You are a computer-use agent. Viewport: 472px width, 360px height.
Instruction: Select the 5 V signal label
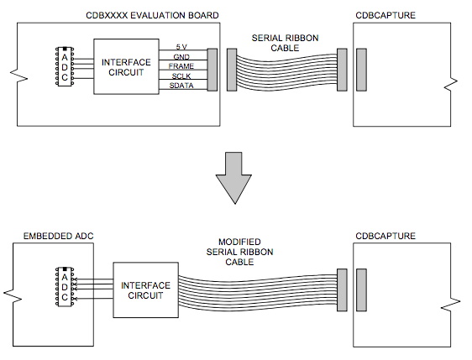(x=181, y=46)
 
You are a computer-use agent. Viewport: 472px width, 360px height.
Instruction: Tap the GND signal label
(x=182, y=55)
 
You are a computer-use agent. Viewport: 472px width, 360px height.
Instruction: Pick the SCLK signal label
(x=181, y=76)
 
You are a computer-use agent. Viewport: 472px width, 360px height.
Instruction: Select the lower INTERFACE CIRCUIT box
(x=144, y=290)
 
